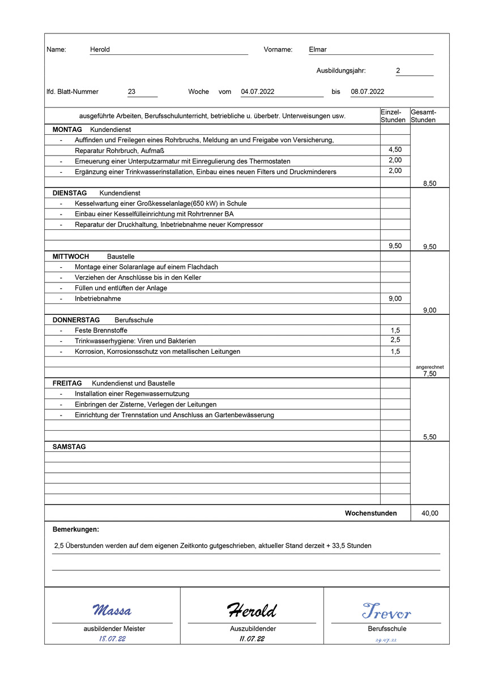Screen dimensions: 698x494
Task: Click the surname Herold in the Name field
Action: tap(100, 50)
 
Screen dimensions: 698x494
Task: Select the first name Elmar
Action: tap(318, 50)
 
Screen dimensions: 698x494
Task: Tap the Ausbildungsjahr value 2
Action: tap(398, 71)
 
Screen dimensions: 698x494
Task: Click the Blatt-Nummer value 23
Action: tap(131, 92)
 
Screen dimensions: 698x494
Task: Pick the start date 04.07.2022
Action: tap(258, 92)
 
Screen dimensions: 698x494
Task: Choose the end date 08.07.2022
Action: tap(368, 92)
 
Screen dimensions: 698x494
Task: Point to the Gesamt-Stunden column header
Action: tap(423, 116)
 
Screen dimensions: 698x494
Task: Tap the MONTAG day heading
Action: tap(67, 130)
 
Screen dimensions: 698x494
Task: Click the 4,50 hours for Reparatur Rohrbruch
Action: tap(395, 150)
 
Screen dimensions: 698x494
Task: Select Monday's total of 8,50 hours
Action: tap(429, 183)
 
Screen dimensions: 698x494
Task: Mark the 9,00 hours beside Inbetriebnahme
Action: tap(395, 299)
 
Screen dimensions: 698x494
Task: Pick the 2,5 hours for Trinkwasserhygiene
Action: tap(395, 340)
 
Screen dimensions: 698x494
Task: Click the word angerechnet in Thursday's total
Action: tap(429, 367)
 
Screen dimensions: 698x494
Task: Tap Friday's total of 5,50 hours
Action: tap(429, 437)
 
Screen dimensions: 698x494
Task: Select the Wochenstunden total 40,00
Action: tap(429, 513)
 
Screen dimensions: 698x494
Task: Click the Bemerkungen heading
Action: tap(76, 530)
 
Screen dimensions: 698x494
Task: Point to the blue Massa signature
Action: tap(112, 610)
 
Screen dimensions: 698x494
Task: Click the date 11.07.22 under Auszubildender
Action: tap(252, 639)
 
